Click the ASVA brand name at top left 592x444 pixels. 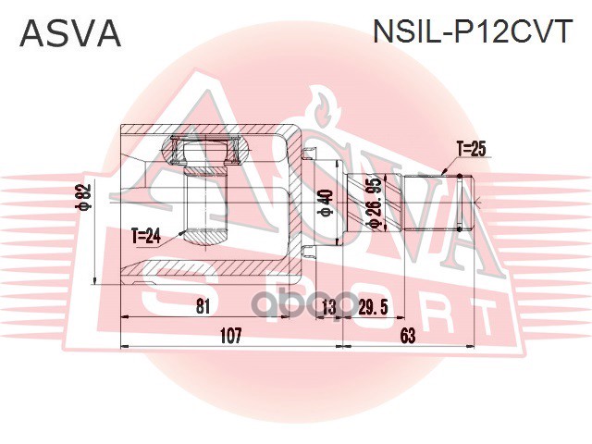click(70, 33)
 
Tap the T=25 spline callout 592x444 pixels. click(471, 149)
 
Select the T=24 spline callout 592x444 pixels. click(146, 237)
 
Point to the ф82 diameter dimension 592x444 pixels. click(84, 196)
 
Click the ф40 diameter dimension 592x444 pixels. click(326, 203)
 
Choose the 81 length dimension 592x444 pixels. click(203, 307)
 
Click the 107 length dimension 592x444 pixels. click(230, 335)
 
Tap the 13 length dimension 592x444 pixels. click(329, 307)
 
